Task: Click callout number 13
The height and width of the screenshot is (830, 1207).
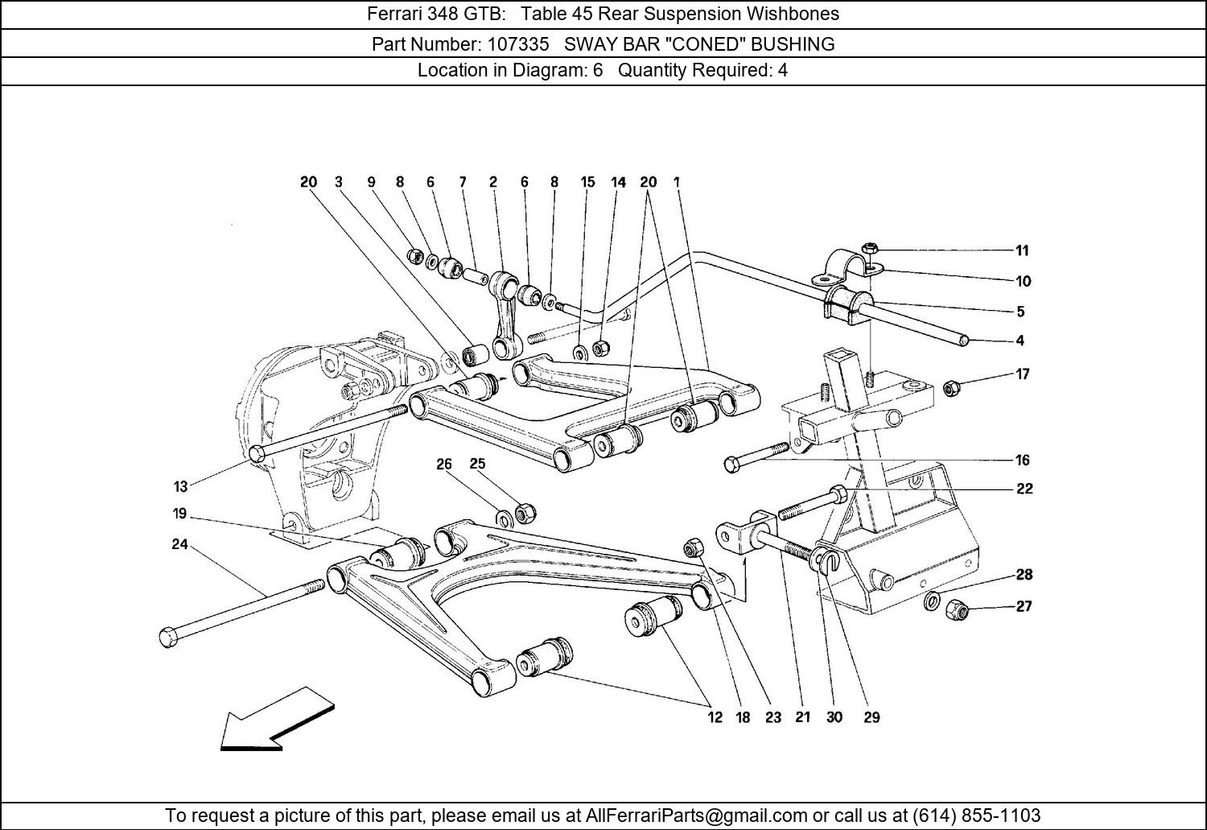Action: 180,486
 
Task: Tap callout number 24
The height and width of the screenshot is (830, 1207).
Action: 179,545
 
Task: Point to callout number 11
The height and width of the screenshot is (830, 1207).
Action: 1021,250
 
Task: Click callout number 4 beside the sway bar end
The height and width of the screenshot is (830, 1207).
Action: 1020,341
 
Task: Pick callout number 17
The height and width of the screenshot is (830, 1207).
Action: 1022,374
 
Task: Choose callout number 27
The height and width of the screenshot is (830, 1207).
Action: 1023,606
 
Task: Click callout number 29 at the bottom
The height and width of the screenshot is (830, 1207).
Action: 871,717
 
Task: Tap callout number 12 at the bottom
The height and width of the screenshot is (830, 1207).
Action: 715,717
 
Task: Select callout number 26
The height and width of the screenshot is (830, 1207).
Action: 444,464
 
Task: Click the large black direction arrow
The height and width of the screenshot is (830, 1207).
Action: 274,721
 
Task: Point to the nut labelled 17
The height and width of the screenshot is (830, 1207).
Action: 950,388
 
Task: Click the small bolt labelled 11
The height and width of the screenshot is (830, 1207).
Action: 869,249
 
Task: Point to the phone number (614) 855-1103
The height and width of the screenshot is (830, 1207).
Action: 976,816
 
